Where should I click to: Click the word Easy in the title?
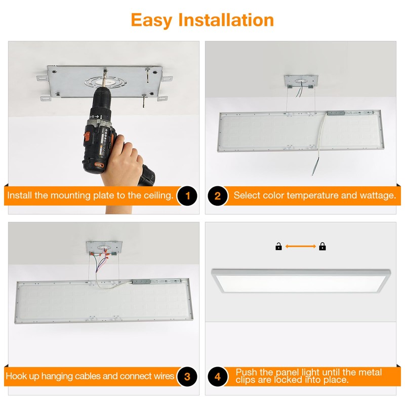pos(151,21)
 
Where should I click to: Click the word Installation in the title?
pos(226,20)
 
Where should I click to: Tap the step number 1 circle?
pos(187,196)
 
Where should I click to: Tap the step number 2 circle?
pos(218,196)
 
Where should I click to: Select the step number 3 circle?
pos(187,377)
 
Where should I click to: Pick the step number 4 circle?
pos(218,377)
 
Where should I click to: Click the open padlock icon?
pos(278,247)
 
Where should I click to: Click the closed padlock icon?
pos(322,247)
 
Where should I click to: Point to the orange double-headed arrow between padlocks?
pos(300,247)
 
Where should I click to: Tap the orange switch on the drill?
pos(87,135)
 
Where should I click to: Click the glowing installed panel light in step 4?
pos(301,281)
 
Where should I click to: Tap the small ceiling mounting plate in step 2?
pos(301,81)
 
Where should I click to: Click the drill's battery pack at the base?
pos(147,176)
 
